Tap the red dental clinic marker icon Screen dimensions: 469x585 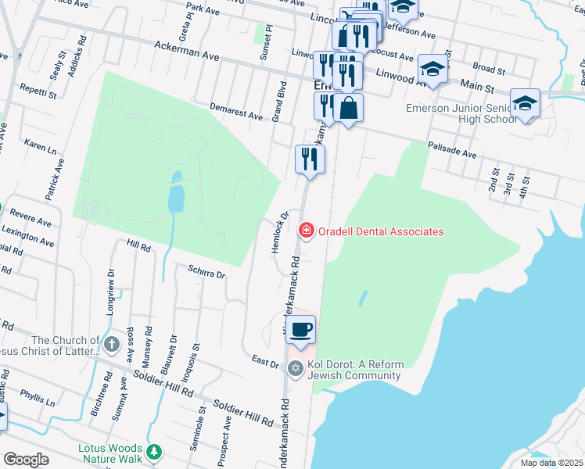[306, 230]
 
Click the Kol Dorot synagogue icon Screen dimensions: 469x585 [295, 369]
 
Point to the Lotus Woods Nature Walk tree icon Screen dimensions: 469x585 [155, 452]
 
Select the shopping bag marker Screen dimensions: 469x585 [348, 108]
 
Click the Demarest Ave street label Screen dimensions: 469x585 [236, 110]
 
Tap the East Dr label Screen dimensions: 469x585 [266, 362]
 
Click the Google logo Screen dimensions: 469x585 [26, 459]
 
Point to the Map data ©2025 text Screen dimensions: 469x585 [551, 463]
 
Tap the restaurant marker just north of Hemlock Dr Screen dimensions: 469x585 [310, 159]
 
